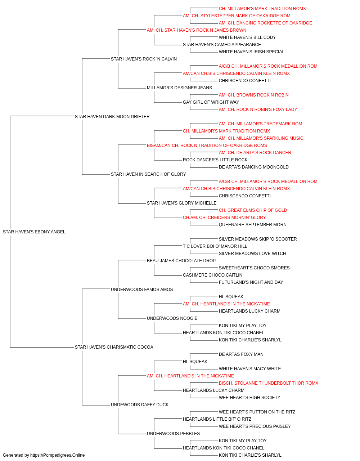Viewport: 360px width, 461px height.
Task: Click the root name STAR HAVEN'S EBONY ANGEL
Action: [34, 232]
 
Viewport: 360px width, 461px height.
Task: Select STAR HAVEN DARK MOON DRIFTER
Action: [112, 117]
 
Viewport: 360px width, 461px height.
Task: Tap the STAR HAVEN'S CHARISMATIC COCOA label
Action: [114, 347]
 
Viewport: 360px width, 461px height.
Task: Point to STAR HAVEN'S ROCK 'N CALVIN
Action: [144, 59]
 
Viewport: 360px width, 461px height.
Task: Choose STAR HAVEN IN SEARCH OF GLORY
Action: [148, 174]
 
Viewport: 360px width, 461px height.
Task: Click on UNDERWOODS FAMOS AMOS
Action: [142, 289]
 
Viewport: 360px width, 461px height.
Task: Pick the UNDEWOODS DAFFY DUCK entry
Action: [140, 404]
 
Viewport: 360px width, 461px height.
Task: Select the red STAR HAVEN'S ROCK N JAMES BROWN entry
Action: [205, 30]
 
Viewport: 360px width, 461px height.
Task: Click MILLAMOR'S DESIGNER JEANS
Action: [179, 88]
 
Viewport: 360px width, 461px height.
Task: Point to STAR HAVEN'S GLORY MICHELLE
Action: [182, 203]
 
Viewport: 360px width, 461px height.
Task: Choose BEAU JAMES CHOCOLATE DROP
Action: [181, 261]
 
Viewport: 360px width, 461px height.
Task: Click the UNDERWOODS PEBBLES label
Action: [173, 433]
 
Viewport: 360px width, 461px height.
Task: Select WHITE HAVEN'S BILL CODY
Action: [247, 37]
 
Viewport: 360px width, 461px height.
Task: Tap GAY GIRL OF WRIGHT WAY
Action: [211, 102]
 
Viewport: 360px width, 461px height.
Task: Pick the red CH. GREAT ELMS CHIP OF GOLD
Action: [253, 210]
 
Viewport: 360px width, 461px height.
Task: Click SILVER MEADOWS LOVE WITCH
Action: [252, 254]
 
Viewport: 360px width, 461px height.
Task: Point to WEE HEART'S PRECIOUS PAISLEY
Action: [255, 426]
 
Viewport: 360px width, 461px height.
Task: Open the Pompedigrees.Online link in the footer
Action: [57, 455]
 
